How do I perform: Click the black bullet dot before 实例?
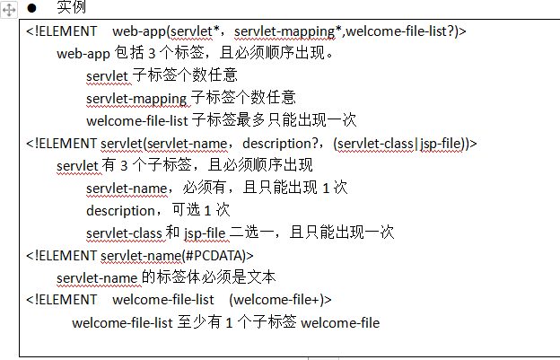(31, 8)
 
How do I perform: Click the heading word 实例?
(72, 8)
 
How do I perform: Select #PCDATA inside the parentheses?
(213, 255)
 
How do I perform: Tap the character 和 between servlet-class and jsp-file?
(173, 233)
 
